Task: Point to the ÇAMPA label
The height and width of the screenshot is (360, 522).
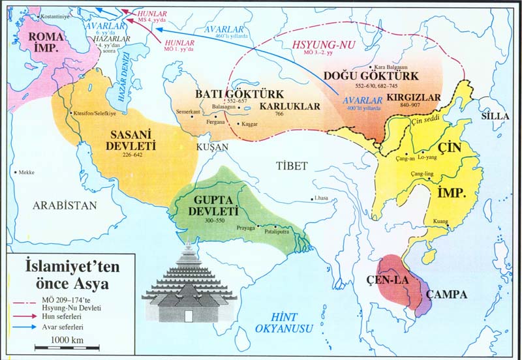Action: click(446, 294)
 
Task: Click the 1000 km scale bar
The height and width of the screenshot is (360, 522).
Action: click(59, 346)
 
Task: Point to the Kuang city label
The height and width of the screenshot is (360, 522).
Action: click(441, 222)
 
